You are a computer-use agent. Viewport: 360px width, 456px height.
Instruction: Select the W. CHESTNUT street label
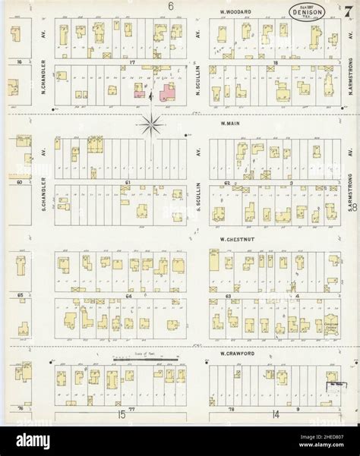(x=235, y=237)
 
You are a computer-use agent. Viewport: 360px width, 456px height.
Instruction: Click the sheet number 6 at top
(x=171, y=6)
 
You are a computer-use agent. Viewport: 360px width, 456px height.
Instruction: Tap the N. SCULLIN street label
(x=197, y=83)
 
